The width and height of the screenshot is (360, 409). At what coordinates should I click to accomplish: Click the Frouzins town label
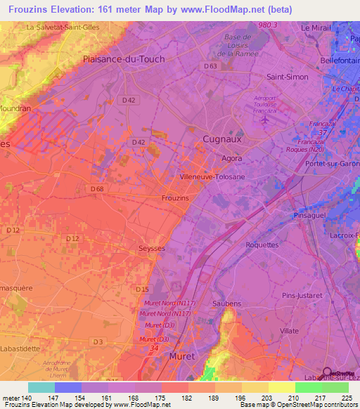point(175,198)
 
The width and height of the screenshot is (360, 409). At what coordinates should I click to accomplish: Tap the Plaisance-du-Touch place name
point(124,59)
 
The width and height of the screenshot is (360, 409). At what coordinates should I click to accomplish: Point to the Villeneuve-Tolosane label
point(212,177)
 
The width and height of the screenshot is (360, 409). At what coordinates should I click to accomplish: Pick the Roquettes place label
point(262,245)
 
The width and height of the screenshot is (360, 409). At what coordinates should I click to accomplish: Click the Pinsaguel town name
point(310,215)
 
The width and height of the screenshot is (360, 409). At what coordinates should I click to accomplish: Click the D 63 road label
point(212,66)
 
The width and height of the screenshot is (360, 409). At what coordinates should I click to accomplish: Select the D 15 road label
point(142,289)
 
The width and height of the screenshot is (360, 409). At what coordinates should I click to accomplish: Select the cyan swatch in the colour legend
point(41,387)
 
